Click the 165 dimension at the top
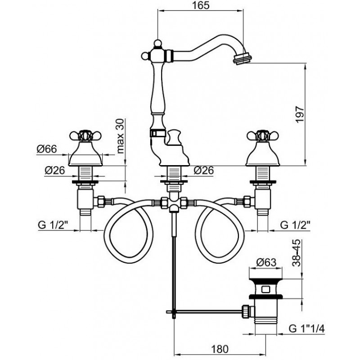coord(201,5)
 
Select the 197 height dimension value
coord(300,114)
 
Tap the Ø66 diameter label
coord(46,149)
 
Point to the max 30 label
coord(120,136)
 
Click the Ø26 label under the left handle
coord(54,171)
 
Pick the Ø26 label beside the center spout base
coord(203,171)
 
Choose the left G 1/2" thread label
coord(54,225)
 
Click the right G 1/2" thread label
coord(295,225)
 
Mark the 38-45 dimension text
coord(297,253)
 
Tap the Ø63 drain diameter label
coord(266,262)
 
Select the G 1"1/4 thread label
coord(307,329)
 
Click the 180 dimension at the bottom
coord(220,349)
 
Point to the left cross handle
coord(85,136)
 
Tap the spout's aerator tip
coord(243,59)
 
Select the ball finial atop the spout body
coord(157,43)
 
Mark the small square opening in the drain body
coord(266,288)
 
